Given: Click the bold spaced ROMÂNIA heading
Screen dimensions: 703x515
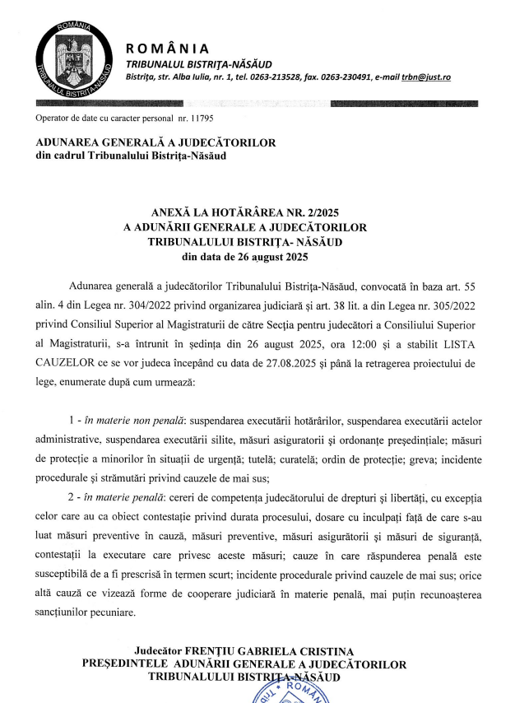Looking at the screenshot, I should point(167,48).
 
